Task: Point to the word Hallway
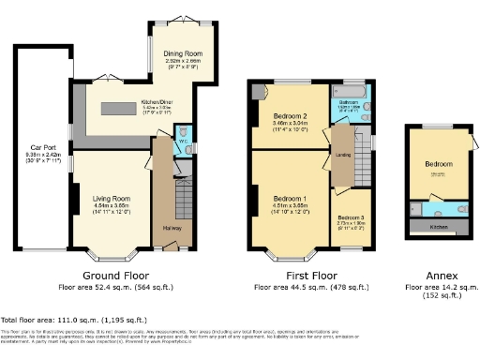coord(172,228)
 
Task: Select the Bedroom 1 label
coord(289,199)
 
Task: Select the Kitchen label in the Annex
coord(438,227)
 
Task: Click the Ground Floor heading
coord(116,275)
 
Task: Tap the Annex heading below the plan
coord(437,275)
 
